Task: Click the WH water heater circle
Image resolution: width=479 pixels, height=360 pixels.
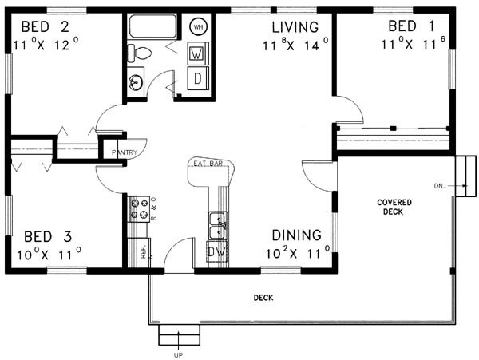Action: (198, 27)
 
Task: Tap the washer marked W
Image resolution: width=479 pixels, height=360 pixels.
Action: (197, 53)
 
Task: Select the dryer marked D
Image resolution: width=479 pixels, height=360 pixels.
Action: (198, 79)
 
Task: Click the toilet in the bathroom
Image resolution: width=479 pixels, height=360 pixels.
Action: (139, 53)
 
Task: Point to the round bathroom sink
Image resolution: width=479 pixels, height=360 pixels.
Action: (136, 82)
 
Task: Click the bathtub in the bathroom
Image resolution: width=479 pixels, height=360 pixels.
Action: (152, 26)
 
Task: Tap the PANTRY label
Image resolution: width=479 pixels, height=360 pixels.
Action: (125, 152)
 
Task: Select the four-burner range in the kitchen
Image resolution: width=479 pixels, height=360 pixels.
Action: (139, 209)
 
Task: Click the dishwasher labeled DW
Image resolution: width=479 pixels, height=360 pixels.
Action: (217, 252)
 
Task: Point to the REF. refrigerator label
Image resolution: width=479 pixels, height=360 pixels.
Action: (144, 252)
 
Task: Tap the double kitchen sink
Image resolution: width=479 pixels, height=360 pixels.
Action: (219, 225)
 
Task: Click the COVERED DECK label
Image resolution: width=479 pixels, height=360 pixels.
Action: (394, 207)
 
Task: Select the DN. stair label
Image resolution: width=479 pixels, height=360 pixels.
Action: (439, 186)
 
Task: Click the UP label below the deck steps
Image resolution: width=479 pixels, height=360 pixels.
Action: (178, 355)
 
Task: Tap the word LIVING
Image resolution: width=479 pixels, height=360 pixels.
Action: (295, 27)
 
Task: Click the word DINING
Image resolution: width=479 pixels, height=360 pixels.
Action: (297, 235)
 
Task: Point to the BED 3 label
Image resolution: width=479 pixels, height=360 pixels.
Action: (48, 236)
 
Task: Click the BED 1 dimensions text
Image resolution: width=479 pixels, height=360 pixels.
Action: (414, 43)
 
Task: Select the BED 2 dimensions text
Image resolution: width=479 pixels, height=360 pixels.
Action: (46, 45)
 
